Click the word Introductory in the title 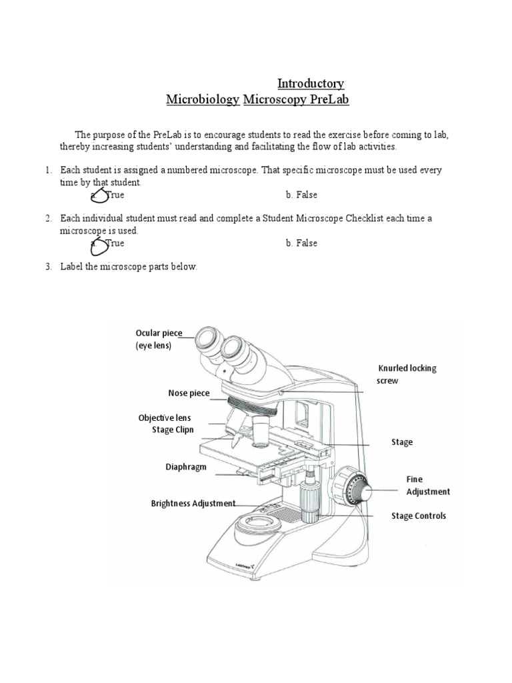311,83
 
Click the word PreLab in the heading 327,100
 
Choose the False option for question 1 301,195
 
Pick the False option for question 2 301,243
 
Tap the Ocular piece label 159,333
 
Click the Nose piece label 188,394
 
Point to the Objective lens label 164,418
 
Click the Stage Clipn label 173,430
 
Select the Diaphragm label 186,467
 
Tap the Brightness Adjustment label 193,504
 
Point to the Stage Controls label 419,516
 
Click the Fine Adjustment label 428,485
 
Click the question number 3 49,267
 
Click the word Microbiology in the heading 202,100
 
